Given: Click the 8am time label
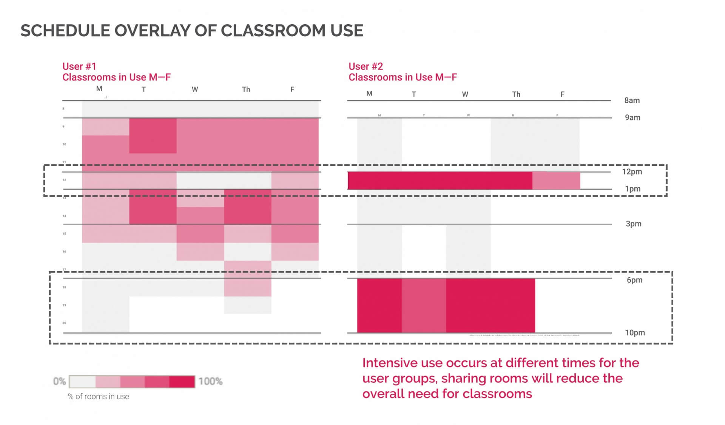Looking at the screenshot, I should (632, 100).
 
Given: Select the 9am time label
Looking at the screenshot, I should (632, 117).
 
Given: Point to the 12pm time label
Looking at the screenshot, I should (632, 172).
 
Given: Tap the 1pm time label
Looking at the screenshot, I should (632, 189).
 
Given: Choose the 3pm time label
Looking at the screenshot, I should (633, 224).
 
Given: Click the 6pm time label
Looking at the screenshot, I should (634, 280).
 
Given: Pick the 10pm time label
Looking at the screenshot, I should (634, 333).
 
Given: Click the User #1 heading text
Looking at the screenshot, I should (79, 66).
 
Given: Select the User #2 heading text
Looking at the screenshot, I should (366, 66).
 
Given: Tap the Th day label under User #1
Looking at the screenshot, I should (246, 90).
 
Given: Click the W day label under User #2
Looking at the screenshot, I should (465, 94).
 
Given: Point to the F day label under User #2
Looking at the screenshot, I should (562, 94).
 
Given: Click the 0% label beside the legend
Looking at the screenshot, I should (60, 381).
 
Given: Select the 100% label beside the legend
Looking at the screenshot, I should (210, 381).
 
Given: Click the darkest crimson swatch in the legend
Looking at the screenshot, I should (182, 382).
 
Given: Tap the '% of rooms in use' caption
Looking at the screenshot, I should (98, 397).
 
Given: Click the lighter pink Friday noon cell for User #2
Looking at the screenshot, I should (556, 181).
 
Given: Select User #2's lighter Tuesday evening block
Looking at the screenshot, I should (423, 305).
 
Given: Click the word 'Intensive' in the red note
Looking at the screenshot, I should (390, 363).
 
